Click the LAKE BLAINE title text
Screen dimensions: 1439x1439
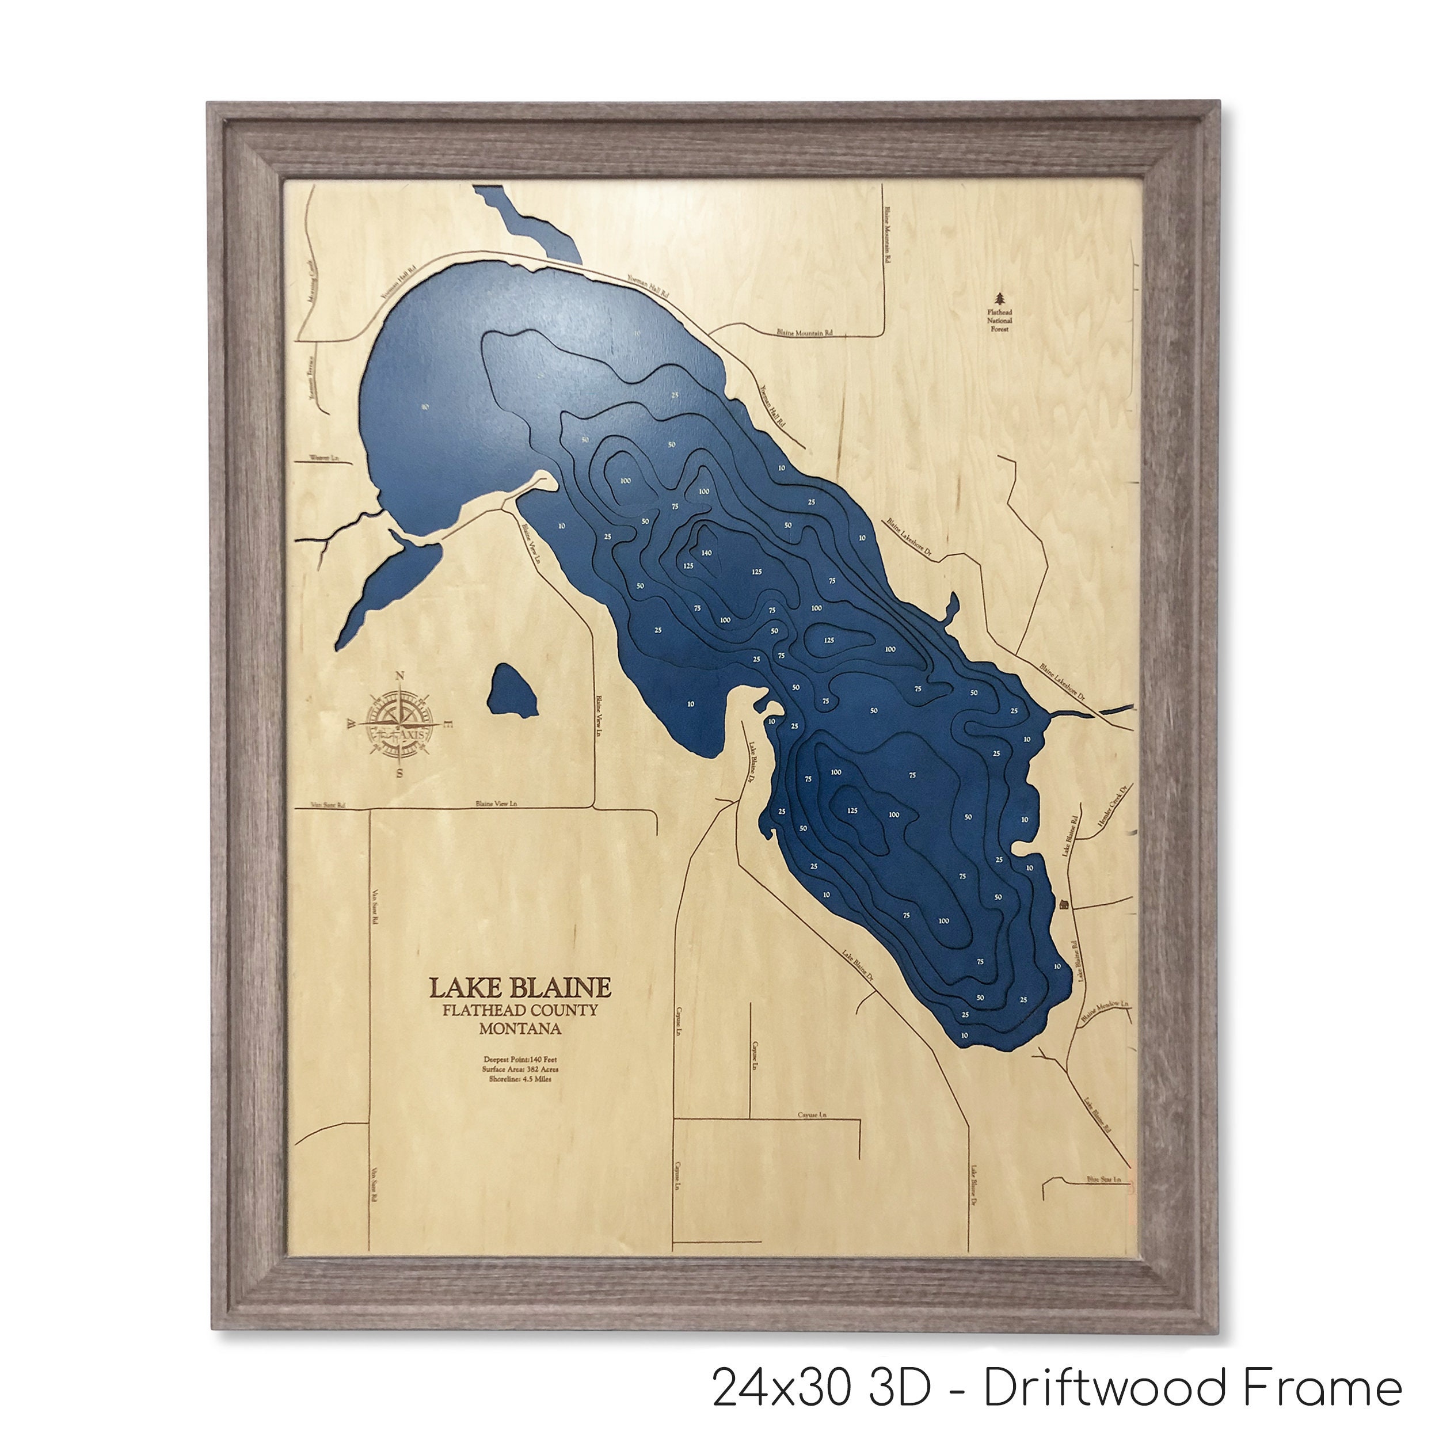click(x=520, y=988)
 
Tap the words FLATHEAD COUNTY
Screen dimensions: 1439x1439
click(x=520, y=1011)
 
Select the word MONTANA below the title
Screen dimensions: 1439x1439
click(x=520, y=1029)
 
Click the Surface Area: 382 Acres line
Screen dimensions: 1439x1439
click(x=520, y=1069)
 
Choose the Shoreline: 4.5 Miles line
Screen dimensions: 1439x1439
click(x=520, y=1079)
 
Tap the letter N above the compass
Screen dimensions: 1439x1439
click(x=400, y=676)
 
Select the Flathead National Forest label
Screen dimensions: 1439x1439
click(x=1000, y=320)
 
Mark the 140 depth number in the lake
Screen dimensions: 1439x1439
click(x=706, y=552)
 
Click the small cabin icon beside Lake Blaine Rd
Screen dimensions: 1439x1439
click(x=1064, y=904)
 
